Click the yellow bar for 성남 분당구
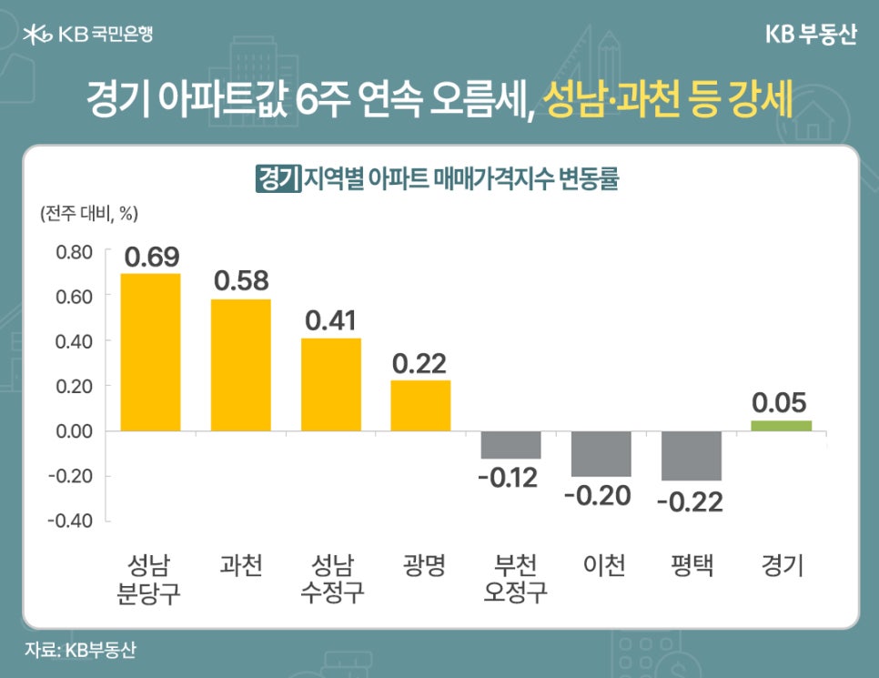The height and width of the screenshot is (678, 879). [150, 352]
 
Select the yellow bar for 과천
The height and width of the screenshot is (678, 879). [240, 365]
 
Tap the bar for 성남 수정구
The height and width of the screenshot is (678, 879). [331, 384]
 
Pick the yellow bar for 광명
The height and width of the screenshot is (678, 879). [420, 406]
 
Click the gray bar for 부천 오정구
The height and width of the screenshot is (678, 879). [510, 445]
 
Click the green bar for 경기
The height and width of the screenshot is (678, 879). [781, 426]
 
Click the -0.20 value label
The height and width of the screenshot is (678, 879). [601, 496]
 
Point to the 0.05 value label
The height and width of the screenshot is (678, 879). [780, 402]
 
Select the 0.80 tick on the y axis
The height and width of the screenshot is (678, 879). [75, 252]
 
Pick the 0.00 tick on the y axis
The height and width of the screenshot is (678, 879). [75, 431]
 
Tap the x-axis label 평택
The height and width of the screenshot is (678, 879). [691, 566]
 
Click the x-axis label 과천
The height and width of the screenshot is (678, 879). [240, 566]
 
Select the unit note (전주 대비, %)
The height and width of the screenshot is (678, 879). [88, 214]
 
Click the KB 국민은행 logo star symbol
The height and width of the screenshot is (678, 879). [37, 35]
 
